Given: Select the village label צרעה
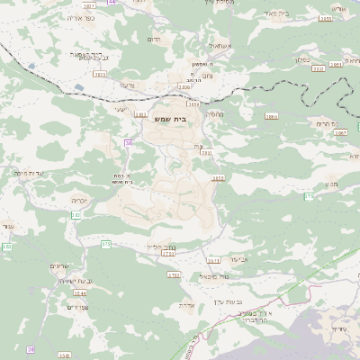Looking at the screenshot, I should (127, 84).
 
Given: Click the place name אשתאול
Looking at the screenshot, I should (219, 44).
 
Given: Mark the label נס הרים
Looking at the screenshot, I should (326, 122).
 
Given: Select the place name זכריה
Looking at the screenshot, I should (81, 200).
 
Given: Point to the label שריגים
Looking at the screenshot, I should (53, 265).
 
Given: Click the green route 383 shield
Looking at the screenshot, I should (6, 246).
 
